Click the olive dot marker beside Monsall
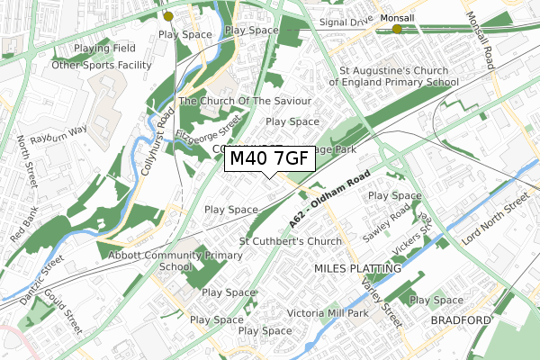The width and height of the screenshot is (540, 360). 397,30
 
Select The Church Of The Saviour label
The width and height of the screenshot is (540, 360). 245,101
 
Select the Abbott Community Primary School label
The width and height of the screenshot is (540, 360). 176,260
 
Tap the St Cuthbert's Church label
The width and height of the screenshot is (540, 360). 290,241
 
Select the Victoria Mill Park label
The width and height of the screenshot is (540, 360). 327,314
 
